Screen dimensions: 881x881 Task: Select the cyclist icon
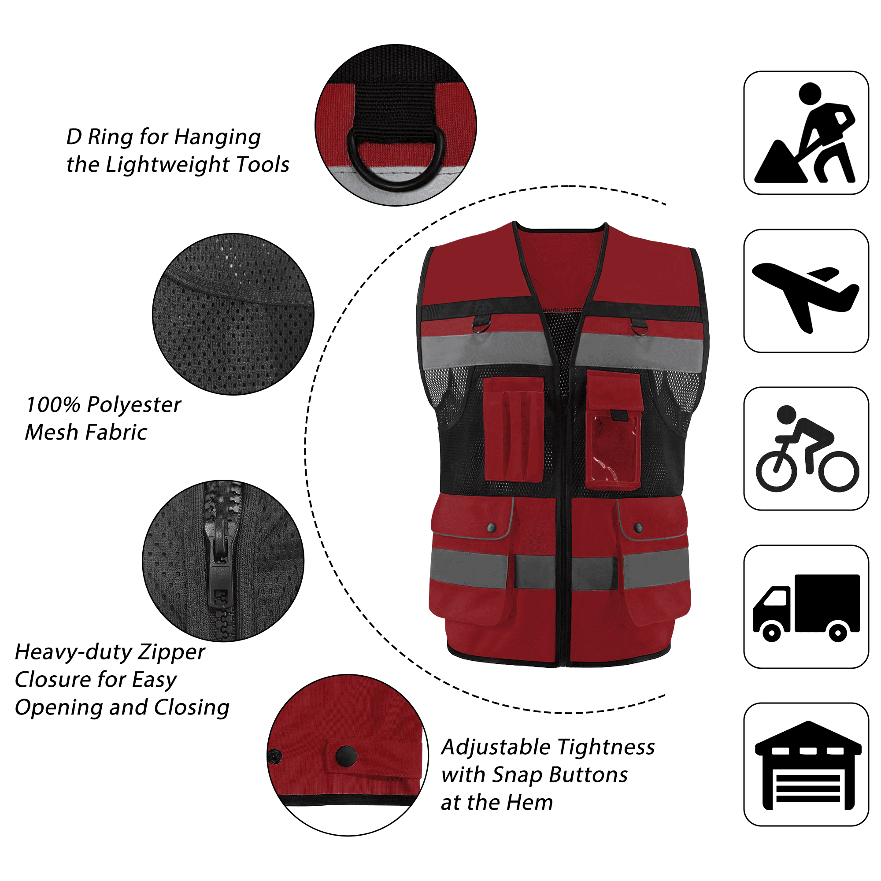(x=806, y=449)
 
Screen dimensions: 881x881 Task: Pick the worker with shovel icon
(x=805, y=133)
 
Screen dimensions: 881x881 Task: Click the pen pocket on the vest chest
(x=514, y=429)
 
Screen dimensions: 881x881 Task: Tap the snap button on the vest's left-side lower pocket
(x=492, y=528)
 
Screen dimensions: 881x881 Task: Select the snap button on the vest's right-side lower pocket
(x=638, y=528)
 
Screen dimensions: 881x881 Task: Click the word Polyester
(x=133, y=405)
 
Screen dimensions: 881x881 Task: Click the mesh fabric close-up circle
(x=233, y=314)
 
